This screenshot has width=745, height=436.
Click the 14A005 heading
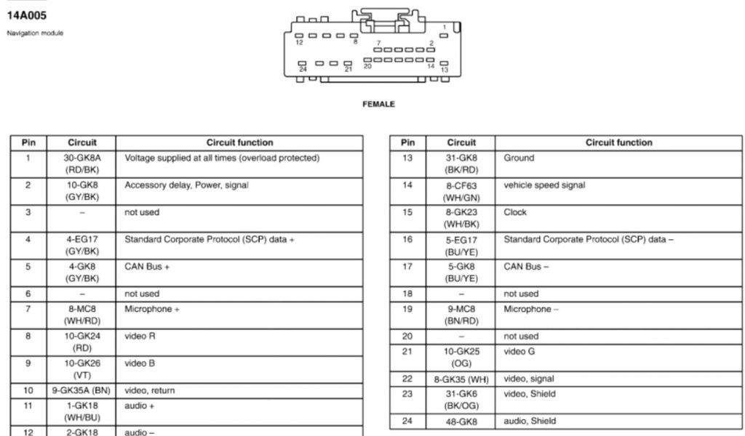point(26,15)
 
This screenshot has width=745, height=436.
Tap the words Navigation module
point(35,33)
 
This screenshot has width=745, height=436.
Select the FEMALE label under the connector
point(378,105)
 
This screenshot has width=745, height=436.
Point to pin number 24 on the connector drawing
point(303,68)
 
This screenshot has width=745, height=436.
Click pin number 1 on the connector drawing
point(444,28)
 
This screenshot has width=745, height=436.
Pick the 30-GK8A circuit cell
point(82,163)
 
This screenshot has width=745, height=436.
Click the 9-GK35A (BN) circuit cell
point(82,390)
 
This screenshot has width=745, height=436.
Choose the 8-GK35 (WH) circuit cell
point(461,379)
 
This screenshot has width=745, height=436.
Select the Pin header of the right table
point(408,142)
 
